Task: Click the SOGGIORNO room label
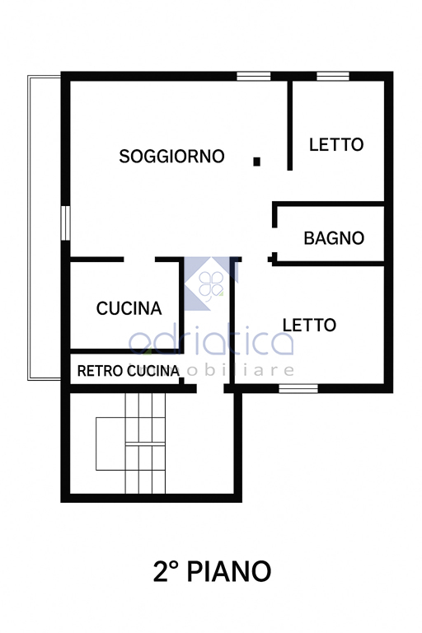171,157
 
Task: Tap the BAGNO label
334,238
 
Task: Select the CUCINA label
129,308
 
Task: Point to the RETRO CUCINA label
129,371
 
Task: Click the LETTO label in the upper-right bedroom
336,144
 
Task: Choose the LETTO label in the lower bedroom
309,325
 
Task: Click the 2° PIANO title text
212,571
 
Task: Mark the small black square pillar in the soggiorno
256,162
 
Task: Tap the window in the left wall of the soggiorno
65,223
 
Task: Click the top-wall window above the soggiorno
254,77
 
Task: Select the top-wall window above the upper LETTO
333,77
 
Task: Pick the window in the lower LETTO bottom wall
298,388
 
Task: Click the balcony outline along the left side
29,226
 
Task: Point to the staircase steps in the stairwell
145,443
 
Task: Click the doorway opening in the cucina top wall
139,260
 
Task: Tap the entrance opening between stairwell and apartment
210,388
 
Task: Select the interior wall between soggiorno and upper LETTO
290,125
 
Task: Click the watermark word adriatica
211,341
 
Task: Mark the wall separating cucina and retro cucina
126,351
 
